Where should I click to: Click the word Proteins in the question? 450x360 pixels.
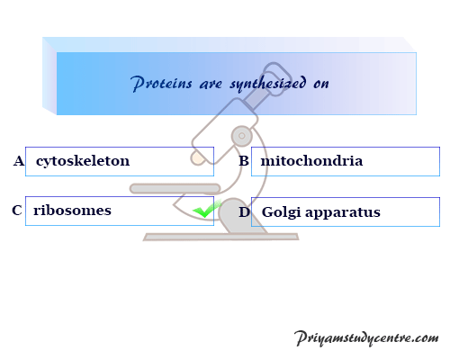[x=161, y=83]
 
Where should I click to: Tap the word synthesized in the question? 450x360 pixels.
[x=268, y=83]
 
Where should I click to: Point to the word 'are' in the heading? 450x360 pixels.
[x=211, y=85]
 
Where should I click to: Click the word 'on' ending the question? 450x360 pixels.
[x=321, y=84]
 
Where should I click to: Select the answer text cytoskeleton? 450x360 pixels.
[x=83, y=161]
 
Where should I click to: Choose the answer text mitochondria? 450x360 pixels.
[x=311, y=161]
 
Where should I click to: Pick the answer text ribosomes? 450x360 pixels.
[x=72, y=211]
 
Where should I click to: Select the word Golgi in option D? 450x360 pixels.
[x=281, y=212]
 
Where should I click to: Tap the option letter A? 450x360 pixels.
[x=19, y=161]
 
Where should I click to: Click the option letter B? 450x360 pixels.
[x=244, y=161]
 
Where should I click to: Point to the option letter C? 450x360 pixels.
[x=17, y=211]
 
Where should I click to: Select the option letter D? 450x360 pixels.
[x=244, y=212]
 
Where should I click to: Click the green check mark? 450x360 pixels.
[x=206, y=210]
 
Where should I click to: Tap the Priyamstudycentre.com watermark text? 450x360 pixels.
[x=366, y=338]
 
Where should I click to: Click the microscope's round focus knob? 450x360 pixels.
[x=242, y=136]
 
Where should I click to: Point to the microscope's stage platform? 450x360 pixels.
[x=175, y=188]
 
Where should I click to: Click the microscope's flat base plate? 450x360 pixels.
[x=220, y=237]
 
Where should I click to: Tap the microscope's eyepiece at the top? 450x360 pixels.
[x=275, y=78]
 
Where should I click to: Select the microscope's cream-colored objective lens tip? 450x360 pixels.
[x=198, y=158]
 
